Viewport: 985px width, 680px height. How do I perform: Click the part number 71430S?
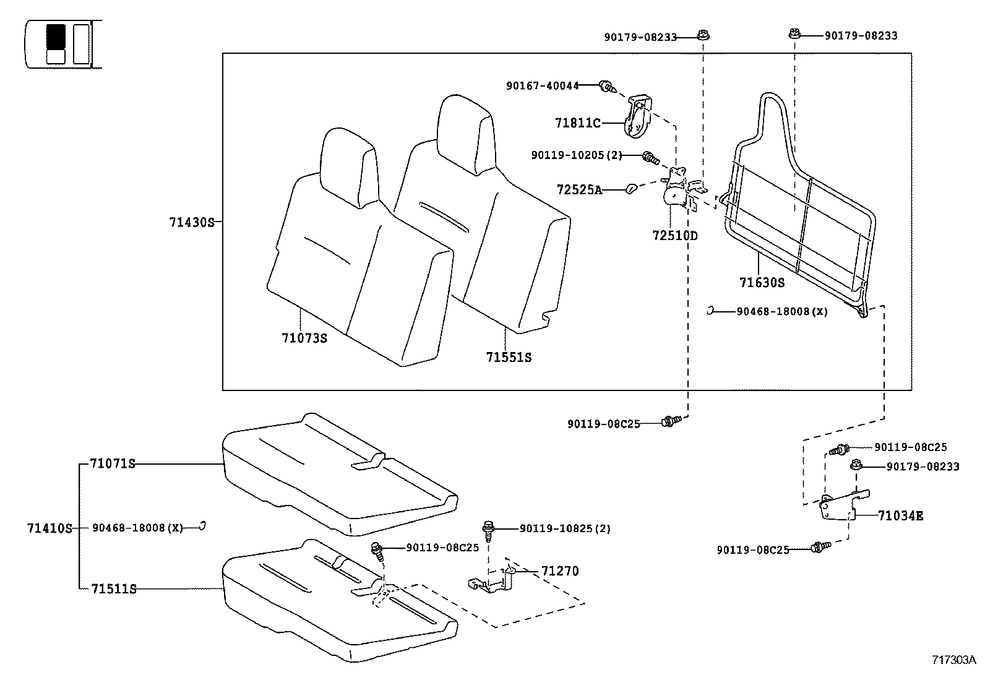coord(191,222)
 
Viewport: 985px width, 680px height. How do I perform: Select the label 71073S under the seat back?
coord(304,338)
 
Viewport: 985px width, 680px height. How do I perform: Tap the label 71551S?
coord(509,358)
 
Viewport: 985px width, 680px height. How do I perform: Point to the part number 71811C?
coord(577,124)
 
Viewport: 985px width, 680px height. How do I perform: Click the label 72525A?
coord(579,190)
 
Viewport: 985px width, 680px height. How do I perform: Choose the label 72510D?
coord(674,236)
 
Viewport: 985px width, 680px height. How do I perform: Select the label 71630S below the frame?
coord(762,283)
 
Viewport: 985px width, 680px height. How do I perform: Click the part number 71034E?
coord(900,515)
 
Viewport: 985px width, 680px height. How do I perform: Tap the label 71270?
coord(560,571)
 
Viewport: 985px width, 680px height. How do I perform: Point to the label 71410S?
coord(49,528)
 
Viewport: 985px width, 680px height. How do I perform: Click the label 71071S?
coord(112,463)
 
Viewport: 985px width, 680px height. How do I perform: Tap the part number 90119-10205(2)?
coord(576,155)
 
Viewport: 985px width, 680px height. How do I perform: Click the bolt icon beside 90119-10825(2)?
coord(488,529)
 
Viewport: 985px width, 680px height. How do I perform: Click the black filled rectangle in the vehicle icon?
coord(56,37)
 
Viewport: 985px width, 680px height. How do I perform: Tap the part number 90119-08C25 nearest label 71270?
coord(442,548)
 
